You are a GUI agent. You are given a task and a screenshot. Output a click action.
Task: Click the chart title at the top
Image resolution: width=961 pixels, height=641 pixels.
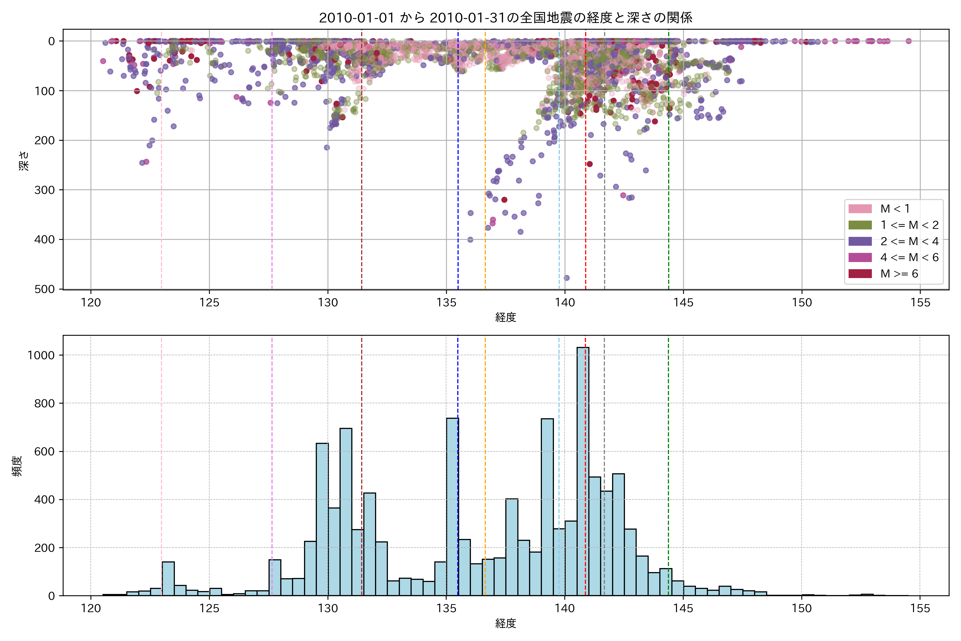click(505, 18)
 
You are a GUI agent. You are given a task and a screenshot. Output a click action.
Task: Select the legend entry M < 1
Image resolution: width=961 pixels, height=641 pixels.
click(895, 209)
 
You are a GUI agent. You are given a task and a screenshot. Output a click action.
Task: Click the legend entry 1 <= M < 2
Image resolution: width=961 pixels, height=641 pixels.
click(909, 225)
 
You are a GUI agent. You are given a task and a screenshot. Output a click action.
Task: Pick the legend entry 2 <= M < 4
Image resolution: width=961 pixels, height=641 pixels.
click(909, 241)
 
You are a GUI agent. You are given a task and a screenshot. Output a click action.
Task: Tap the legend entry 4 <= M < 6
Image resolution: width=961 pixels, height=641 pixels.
click(909, 257)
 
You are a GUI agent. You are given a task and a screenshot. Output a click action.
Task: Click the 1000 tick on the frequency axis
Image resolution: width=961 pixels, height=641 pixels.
click(41, 355)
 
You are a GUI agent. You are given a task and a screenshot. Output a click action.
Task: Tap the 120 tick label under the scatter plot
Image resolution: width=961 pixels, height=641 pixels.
click(91, 303)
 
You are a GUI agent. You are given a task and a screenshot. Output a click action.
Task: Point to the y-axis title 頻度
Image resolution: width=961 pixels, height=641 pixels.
click(17, 466)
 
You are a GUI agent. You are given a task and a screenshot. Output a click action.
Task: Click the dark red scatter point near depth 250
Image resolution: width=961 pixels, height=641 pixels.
click(590, 164)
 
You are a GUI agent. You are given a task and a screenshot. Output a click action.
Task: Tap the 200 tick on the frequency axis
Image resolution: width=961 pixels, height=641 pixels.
click(45, 548)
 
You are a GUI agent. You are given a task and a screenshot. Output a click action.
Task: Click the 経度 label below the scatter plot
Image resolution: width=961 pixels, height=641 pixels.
click(505, 317)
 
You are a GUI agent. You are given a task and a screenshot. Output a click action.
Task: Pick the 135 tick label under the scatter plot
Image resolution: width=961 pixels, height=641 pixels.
click(446, 303)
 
